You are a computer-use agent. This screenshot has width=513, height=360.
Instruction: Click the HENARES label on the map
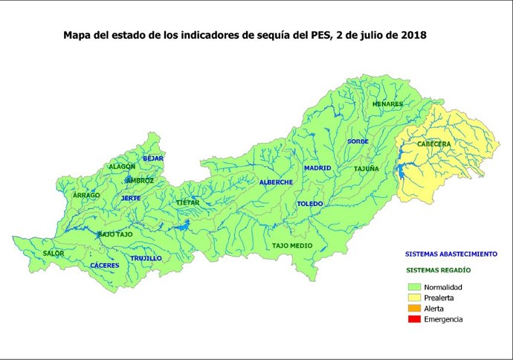pyautogui.click(x=387, y=104)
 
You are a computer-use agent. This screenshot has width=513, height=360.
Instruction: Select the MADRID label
pyautogui.click(x=317, y=168)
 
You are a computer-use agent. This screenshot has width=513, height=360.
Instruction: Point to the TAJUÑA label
pyautogui.click(x=366, y=169)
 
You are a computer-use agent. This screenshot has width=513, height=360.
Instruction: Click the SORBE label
pyautogui.click(x=358, y=141)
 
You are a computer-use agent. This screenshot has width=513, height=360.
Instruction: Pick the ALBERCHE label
pyautogui.click(x=276, y=182)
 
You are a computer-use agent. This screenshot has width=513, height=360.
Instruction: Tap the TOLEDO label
pyautogui.click(x=309, y=204)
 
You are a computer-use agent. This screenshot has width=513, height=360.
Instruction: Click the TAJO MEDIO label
pyautogui.click(x=292, y=245)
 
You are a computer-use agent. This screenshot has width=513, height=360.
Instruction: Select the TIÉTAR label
pyautogui.click(x=187, y=202)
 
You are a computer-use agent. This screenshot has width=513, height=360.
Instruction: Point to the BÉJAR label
pyautogui.click(x=152, y=158)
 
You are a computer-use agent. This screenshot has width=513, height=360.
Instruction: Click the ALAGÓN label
pyautogui.click(x=122, y=167)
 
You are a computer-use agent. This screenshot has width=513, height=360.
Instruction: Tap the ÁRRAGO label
pyautogui.click(x=86, y=195)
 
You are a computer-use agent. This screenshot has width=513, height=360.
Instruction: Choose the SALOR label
pyautogui.click(x=54, y=254)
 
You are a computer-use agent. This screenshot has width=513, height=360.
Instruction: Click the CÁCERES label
pyautogui.click(x=104, y=266)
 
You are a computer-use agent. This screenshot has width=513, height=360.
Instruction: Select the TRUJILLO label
pyautogui.click(x=146, y=259)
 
